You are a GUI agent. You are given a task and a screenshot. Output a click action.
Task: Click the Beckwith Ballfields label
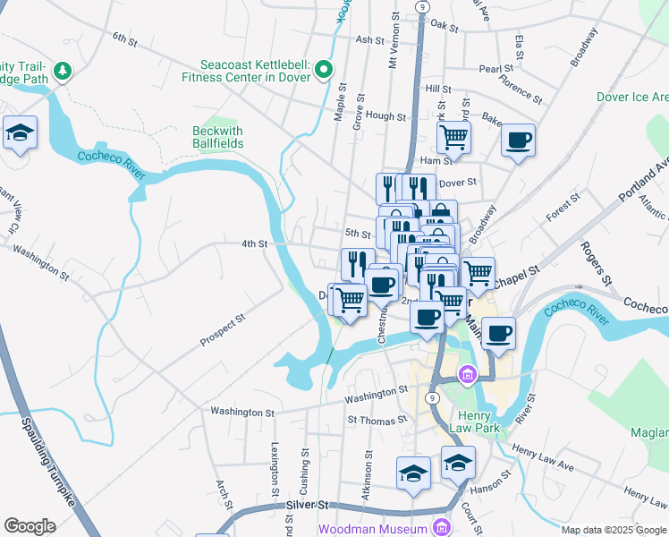[x=218, y=137]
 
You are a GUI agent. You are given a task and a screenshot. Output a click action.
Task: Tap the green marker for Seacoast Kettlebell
[x=324, y=70]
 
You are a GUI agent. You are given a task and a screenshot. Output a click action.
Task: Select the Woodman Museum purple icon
[x=440, y=528]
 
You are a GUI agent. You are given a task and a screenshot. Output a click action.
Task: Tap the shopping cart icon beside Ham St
[x=454, y=137]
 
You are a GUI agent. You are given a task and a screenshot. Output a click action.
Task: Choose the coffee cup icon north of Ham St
[x=519, y=140]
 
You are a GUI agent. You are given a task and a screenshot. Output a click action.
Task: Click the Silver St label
[x=309, y=506]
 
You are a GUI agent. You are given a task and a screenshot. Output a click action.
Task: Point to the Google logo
[x=30, y=525]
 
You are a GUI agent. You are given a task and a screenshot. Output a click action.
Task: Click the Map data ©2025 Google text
[x=613, y=530]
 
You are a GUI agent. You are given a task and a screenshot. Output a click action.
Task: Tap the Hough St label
[x=386, y=116]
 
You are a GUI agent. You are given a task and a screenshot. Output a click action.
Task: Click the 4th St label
[x=255, y=243]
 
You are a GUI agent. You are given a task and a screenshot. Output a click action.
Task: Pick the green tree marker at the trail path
[x=63, y=70]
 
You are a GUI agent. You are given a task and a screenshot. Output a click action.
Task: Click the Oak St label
[x=445, y=28]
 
